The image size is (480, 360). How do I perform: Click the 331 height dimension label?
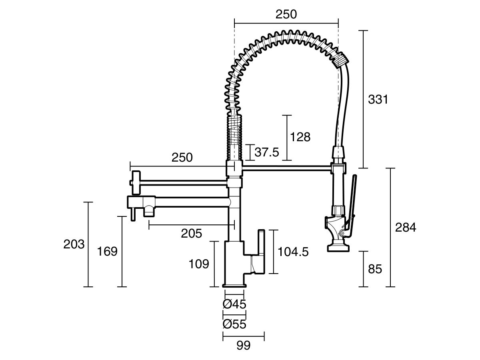378,100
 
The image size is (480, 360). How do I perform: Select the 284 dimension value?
406,227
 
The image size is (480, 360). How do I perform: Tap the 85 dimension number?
375,269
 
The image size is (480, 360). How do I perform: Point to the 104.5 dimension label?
293,252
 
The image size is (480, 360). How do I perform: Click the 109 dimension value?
199,264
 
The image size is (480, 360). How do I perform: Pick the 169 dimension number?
107,251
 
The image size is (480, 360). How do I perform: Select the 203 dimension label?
74,244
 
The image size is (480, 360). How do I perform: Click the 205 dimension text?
191,234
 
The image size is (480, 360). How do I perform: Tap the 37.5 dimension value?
267,152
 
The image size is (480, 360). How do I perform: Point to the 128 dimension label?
300,137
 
